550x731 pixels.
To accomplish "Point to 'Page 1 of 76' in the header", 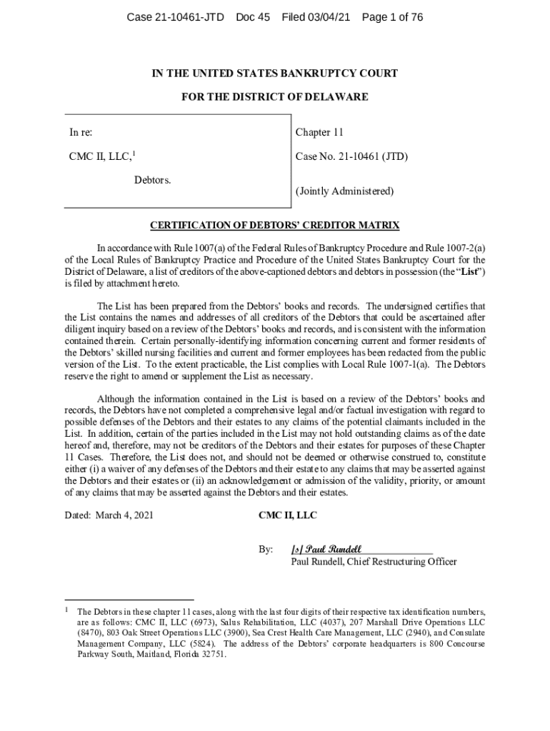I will [x=393, y=17].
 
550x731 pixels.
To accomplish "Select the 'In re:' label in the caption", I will [x=81, y=132].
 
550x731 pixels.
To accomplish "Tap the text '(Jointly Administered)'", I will [x=344, y=191].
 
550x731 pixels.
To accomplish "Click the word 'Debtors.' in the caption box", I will [x=153, y=179].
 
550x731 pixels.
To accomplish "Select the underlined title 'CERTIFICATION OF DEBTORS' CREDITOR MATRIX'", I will [x=275, y=226].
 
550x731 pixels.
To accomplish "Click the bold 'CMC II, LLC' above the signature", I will [x=287, y=515].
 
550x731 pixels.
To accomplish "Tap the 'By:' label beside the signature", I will [x=266, y=550].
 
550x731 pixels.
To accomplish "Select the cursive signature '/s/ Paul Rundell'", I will [x=326, y=549].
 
